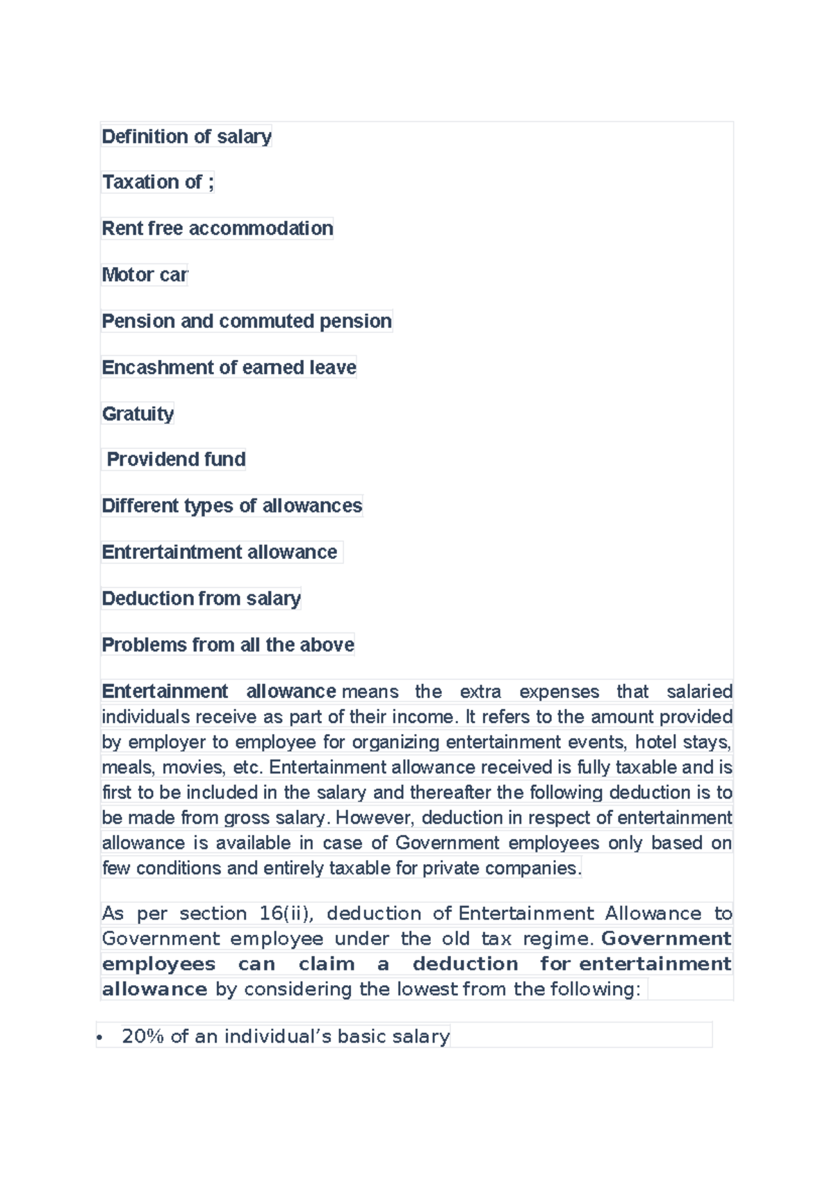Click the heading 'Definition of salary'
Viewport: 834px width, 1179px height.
click(x=186, y=136)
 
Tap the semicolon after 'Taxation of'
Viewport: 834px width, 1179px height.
click(x=211, y=182)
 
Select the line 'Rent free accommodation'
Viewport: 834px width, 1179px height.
click(x=217, y=228)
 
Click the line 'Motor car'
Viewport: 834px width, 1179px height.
click(x=145, y=275)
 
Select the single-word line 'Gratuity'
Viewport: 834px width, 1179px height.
click(x=138, y=414)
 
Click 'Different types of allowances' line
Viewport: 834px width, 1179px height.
click(x=231, y=505)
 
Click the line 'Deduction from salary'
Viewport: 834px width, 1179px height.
click(x=201, y=599)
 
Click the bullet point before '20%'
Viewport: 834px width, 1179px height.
click(x=100, y=1038)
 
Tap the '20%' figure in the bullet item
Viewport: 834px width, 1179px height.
click(x=142, y=1036)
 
